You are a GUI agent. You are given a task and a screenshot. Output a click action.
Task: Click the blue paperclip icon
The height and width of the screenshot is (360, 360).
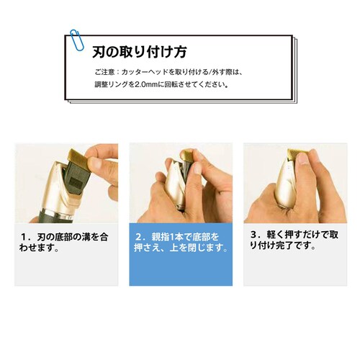click(75, 41)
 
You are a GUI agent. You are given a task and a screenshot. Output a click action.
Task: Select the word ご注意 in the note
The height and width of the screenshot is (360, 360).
click(104, 73)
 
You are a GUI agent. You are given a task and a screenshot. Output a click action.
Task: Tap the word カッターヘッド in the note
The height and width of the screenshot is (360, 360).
click(142, 73)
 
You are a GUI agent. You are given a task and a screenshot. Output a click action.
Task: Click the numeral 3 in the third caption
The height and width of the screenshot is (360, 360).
click(253, 234)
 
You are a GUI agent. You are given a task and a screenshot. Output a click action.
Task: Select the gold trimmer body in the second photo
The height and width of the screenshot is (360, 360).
click(180, 189)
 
